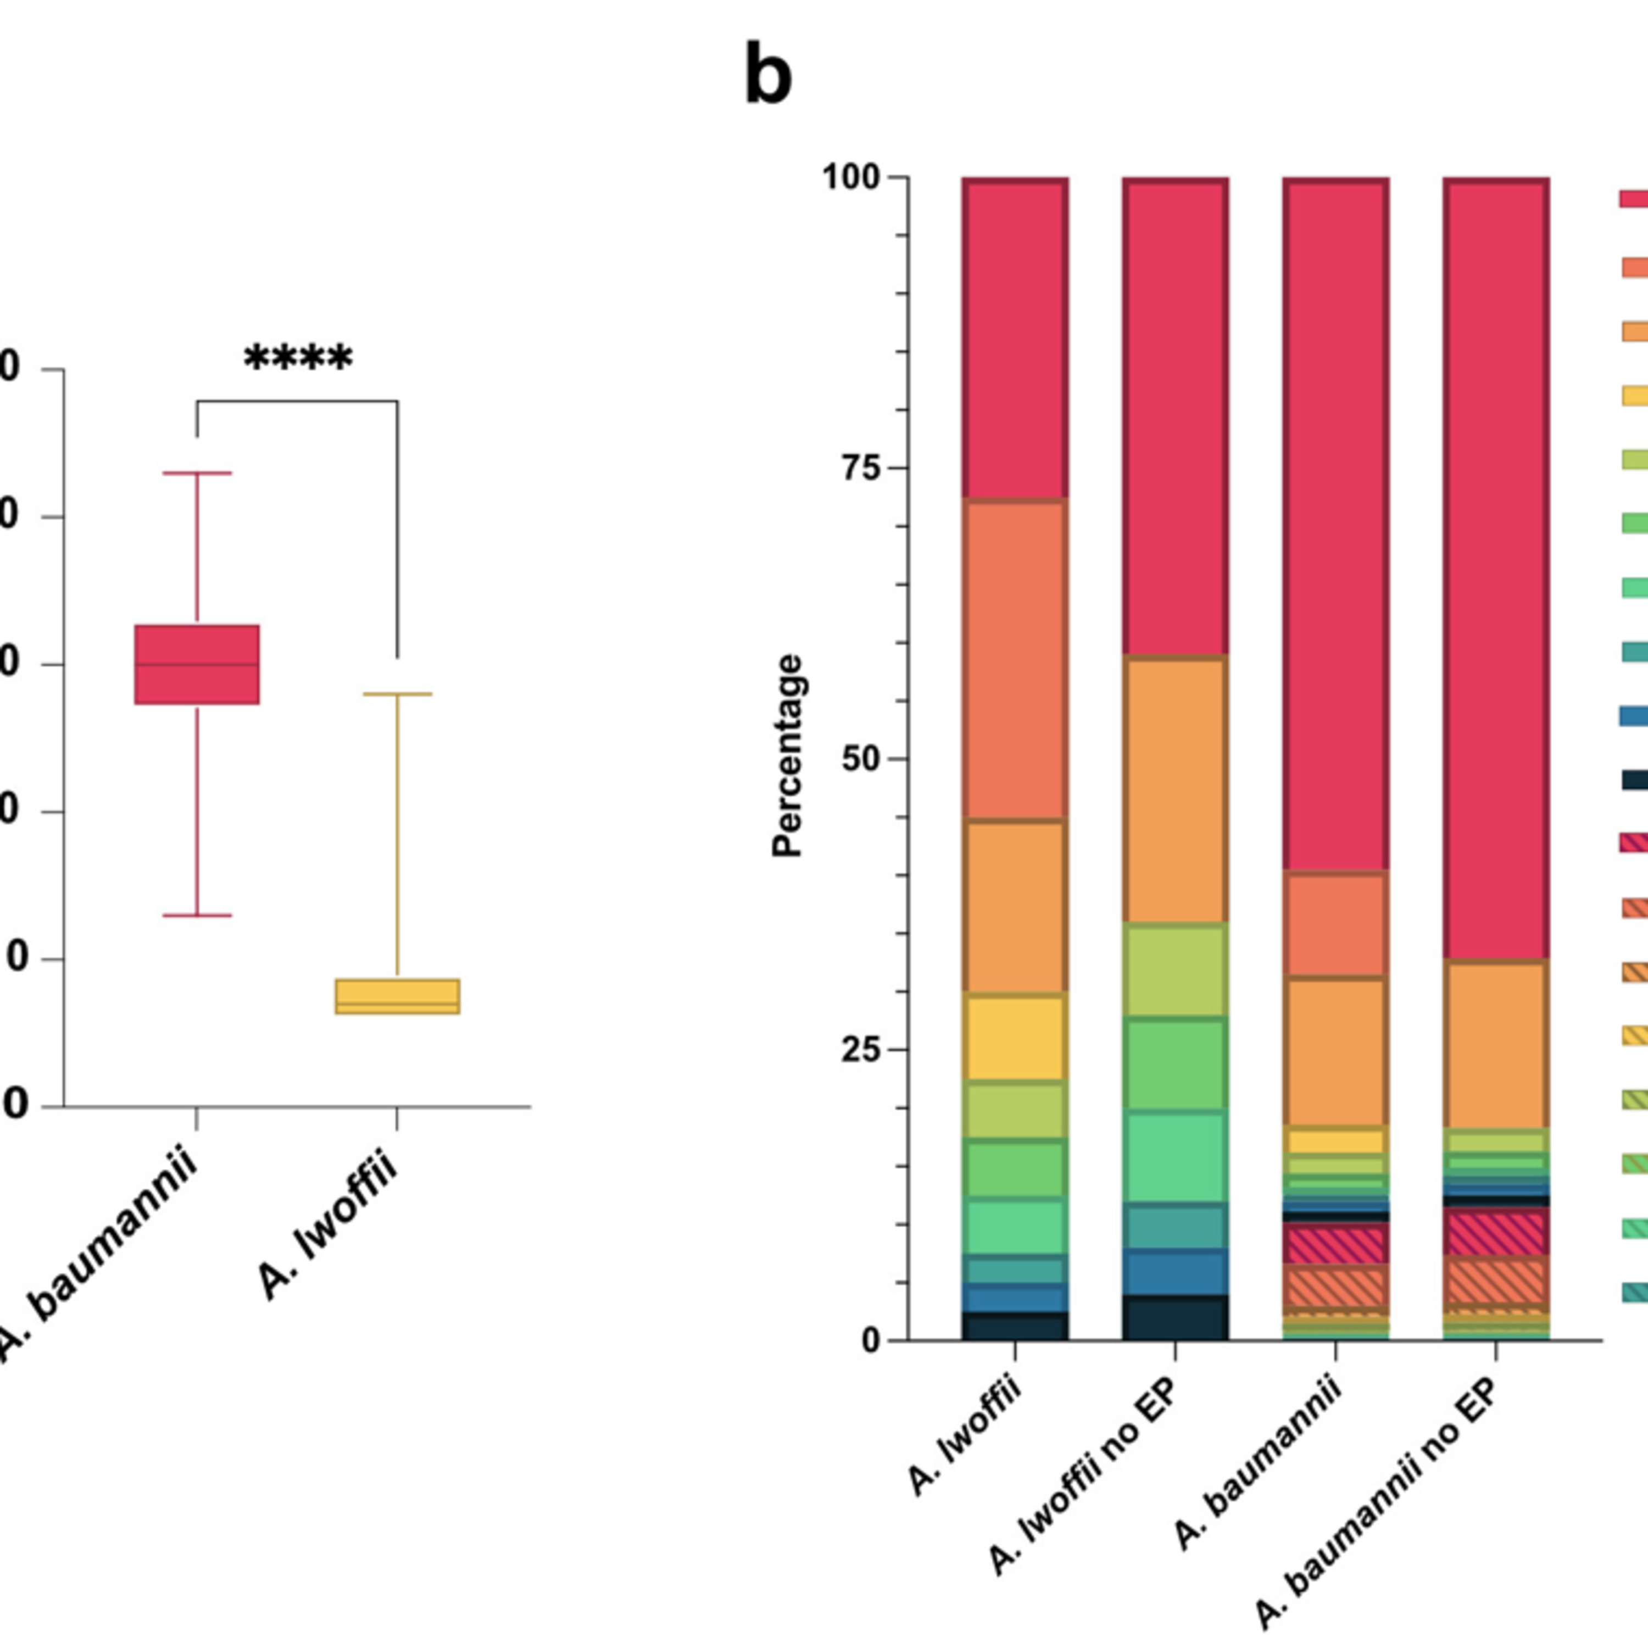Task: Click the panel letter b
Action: click(768, 75)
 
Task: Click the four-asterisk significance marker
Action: click(298, 358)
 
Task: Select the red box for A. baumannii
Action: click(197, 665)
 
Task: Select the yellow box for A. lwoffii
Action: click(398, 996)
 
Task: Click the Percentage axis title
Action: click(787, 756)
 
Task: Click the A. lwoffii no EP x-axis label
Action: click(1083, 1475)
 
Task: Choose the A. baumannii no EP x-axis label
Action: click(1378, 1502)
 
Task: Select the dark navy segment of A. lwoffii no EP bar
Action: click(1176, 1317)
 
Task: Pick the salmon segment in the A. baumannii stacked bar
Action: click(1336, 925)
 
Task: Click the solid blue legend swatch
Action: click(1633, 716)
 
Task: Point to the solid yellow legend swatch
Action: click(1633, 396)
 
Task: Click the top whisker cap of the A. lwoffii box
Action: click(398, 694)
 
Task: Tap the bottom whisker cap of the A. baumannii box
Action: click(197, 915)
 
